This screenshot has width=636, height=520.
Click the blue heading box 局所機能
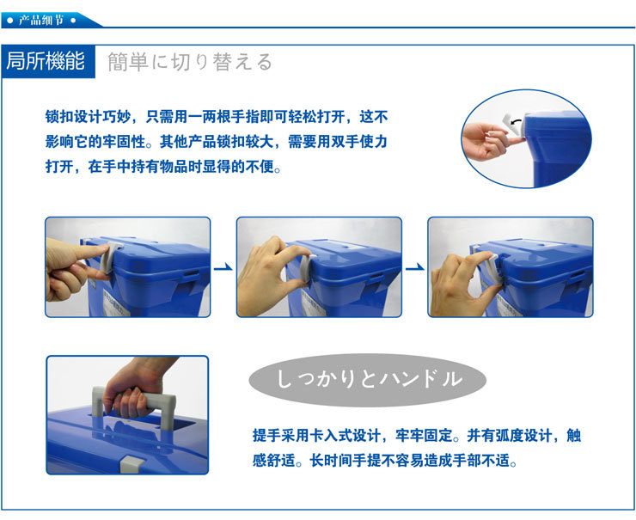coord(48,61)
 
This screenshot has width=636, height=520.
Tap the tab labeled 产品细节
coord(41,21)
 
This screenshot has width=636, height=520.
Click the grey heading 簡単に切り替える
coord(189,62)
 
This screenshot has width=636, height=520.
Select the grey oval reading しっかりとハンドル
coord(368,380)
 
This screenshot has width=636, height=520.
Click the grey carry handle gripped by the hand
coord(134,405)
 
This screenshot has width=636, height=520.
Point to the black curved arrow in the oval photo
coord(516,121)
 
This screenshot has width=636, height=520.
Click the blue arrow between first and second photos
coord(223,267)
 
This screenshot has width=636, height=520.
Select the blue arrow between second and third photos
coord(414,267)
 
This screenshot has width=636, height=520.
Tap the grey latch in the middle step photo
coord(305,267)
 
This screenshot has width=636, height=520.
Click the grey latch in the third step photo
coord(492,270)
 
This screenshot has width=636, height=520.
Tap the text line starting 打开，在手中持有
coord(163,166)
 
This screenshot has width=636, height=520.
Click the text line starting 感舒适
coord(385,461)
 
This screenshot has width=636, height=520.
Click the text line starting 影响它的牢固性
coord(217,142)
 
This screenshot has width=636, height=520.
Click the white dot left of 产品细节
coord(10,21)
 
